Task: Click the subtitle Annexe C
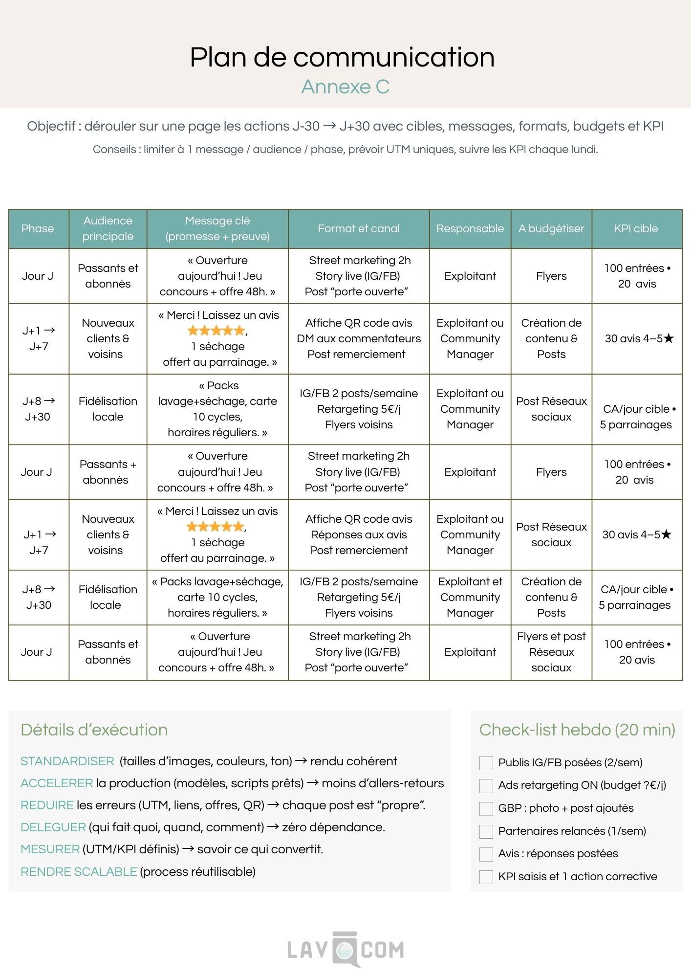pos(345,87)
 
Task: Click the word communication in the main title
pos(393,57)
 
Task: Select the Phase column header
pos(38,228)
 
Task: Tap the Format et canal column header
pos(359,228)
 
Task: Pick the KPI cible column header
pos(636,228)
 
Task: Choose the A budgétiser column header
pos(551,228)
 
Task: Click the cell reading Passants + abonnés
pos(108,472)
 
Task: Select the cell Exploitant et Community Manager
pos(470,597)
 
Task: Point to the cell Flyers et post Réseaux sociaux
pos(551,652)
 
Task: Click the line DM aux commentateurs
pos(359,338)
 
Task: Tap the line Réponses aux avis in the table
pos(359,534)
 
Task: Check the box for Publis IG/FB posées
pos(486,763)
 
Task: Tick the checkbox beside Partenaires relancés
pos(486,831)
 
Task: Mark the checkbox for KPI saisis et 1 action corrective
pos(486,877)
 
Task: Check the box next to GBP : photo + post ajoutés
pos(486,808)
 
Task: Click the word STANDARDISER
pos(67,761)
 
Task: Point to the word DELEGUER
pos(53,827)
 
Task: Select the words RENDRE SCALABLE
pos(79,871)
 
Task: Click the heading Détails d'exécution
pos(94,730)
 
